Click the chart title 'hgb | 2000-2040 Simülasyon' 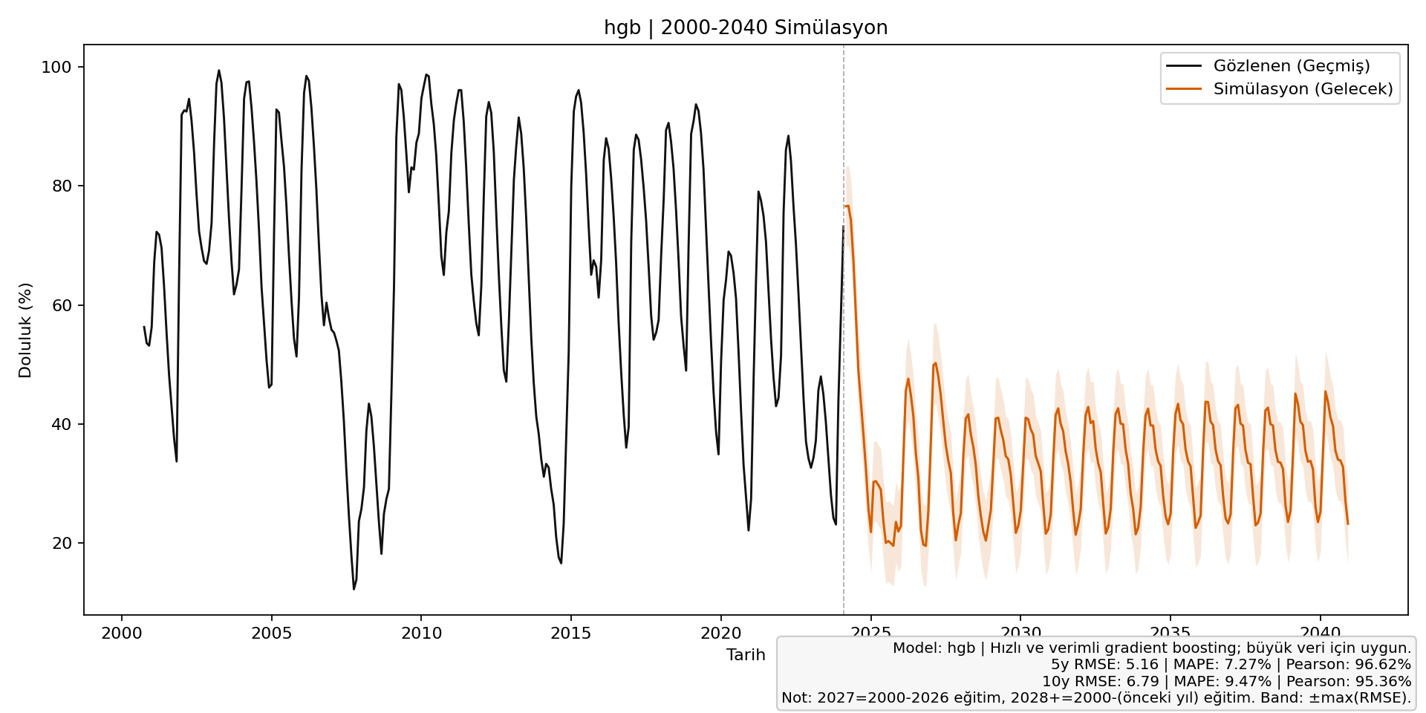[746, 28]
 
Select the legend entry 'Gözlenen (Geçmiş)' [1292, 66]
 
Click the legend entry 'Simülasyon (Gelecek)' [1303, 89]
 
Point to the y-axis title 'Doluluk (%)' [25, 331]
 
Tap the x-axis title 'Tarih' [746, 655]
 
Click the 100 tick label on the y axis [56, 68]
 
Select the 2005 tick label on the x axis [271, 634]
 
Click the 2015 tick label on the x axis [570, 634]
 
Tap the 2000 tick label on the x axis [121, 634]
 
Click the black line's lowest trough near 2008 [354, 589]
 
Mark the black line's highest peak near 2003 [218, 71]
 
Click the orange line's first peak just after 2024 [847, 206]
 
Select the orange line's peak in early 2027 [935, 363]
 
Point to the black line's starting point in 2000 [144, 327]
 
